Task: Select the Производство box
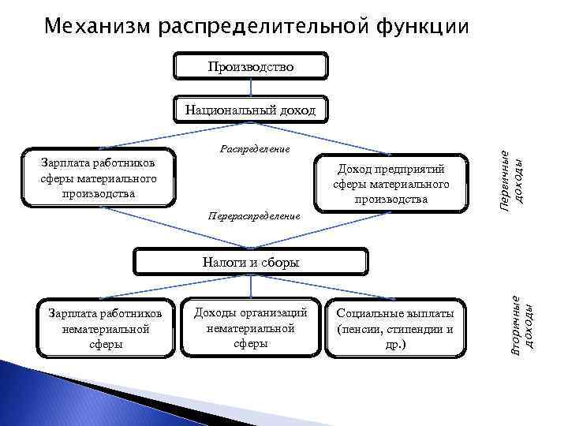[250, 67]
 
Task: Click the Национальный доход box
[250, 110]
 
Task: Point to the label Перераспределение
[252, 215]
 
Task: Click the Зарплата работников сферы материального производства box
[99, 177]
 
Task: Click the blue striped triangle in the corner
[32, 394]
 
